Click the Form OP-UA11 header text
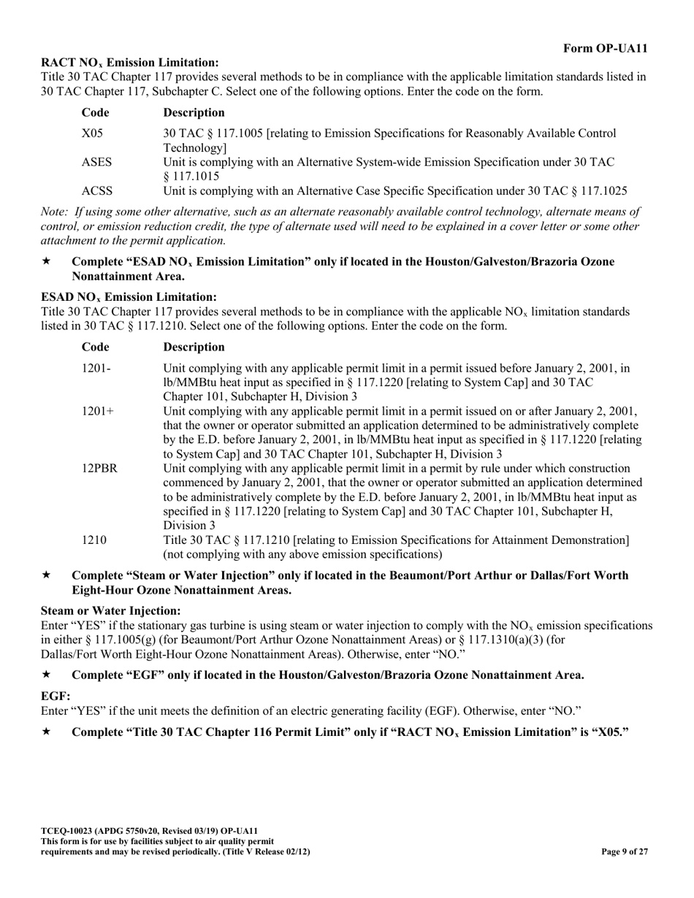click(605, 48)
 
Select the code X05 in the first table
click(93, 134)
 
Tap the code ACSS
click(97, 191)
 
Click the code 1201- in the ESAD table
click(96, 369)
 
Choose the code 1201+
click(98, 411)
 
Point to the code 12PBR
click(99, 468)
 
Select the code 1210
click(94, 540)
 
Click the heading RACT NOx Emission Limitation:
click(129, 63)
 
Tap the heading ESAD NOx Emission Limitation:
click(129, 297)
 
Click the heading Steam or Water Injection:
click(110, 610)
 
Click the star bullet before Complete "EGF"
click(47, 675)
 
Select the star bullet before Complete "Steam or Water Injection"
click(47, 576)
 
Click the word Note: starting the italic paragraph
click(56, 212)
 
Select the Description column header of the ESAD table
click(194, 347)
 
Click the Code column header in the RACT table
click(96, 112)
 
